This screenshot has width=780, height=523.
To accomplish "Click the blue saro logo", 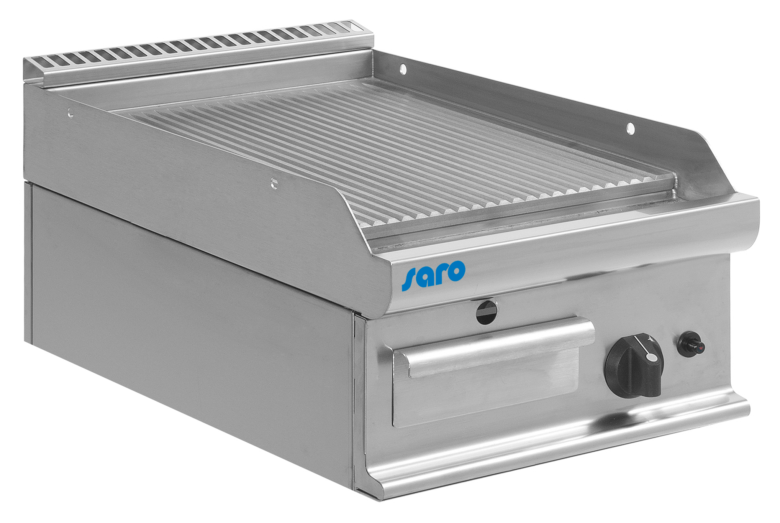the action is click(x=433, y=275).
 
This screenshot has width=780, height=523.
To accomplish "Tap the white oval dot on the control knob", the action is click(x=651, y=357).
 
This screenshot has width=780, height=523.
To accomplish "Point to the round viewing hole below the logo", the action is click(x=487, y=312).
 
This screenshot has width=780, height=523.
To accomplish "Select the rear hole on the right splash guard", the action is click(x=403, y=69).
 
